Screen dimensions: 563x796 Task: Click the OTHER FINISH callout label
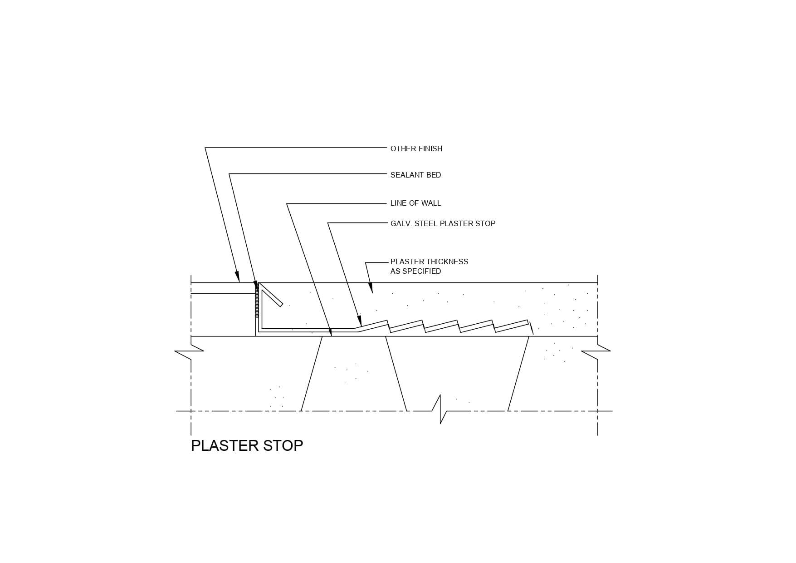pos(416,148)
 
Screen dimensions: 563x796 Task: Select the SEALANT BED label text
pos(415,175)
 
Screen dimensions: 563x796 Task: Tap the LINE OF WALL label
pos(415,203)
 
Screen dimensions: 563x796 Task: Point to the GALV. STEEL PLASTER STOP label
pos(443,223)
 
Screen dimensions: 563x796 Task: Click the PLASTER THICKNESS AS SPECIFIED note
pos(429,266)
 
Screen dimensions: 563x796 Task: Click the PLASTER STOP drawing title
pos(247,445)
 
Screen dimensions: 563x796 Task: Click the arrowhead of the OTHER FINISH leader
pos(237,277)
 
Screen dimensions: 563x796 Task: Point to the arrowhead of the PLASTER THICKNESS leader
pos(370,287)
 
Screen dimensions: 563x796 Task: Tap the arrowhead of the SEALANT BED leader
pos(256,286)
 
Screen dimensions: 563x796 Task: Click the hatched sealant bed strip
pos(258,302)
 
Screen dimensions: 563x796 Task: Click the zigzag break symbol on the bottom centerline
pos(440,410)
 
